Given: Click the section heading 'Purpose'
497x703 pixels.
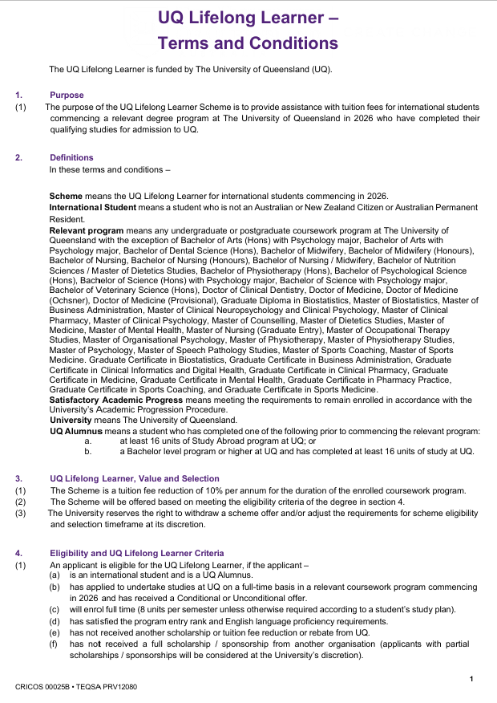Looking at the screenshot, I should point(66,95).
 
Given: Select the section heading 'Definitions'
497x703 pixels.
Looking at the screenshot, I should point(71,157).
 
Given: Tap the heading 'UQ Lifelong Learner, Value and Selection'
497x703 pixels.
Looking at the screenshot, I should point(134,478).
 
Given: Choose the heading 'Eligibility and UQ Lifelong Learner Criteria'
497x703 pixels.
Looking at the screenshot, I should point(137,553).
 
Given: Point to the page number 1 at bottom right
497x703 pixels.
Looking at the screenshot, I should point(472,680).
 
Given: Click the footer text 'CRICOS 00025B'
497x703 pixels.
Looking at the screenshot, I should point(42,688).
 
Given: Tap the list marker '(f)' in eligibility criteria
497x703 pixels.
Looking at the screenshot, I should point(54,644).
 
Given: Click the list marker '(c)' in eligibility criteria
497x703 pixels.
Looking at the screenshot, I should point(54,609).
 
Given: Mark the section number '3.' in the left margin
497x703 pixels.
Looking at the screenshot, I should point(20,478).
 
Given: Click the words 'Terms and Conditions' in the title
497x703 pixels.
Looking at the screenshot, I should point(248,43).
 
